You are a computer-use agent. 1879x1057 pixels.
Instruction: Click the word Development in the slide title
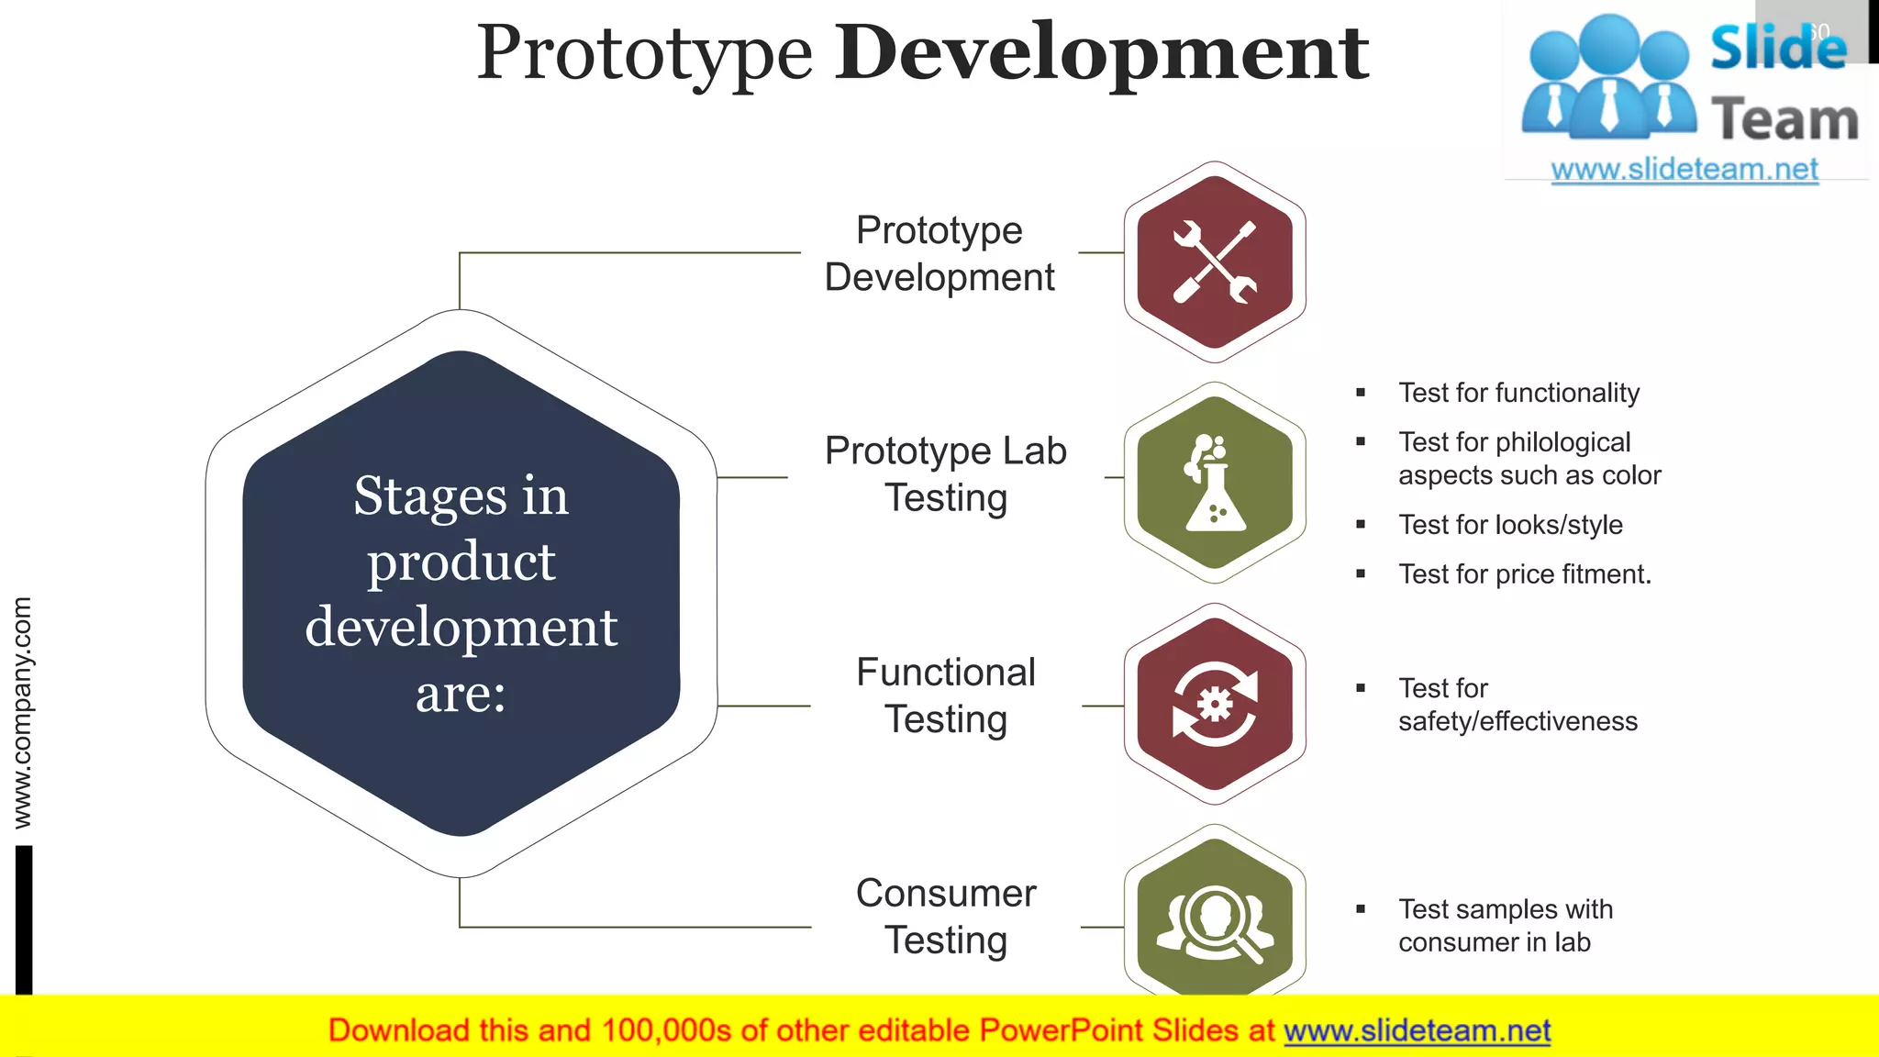1101,53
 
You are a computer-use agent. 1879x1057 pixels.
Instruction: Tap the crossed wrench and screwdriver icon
1215,262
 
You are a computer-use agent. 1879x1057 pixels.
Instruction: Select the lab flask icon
1215,484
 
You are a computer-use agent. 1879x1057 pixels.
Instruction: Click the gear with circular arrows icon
1215,704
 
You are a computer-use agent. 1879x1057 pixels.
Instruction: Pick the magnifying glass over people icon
1215,922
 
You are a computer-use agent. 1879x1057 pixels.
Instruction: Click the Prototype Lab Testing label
945,474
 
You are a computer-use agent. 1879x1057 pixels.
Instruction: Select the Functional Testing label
945,695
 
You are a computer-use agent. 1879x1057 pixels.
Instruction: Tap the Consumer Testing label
945,917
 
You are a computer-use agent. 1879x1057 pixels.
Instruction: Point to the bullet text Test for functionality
1518,393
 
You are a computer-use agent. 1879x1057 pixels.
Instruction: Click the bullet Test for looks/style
1510,525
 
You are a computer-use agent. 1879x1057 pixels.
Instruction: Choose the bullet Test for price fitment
1524,574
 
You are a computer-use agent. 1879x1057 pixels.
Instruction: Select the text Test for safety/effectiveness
1517,705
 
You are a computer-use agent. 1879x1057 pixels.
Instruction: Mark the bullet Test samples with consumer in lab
1505,926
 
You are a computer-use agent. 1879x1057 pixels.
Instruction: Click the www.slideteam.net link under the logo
1684,170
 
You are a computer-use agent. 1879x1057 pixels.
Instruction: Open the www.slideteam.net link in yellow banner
1417,1031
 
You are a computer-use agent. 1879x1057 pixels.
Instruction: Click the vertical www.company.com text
22,712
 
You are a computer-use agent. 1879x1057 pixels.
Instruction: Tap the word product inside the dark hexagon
461,562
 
